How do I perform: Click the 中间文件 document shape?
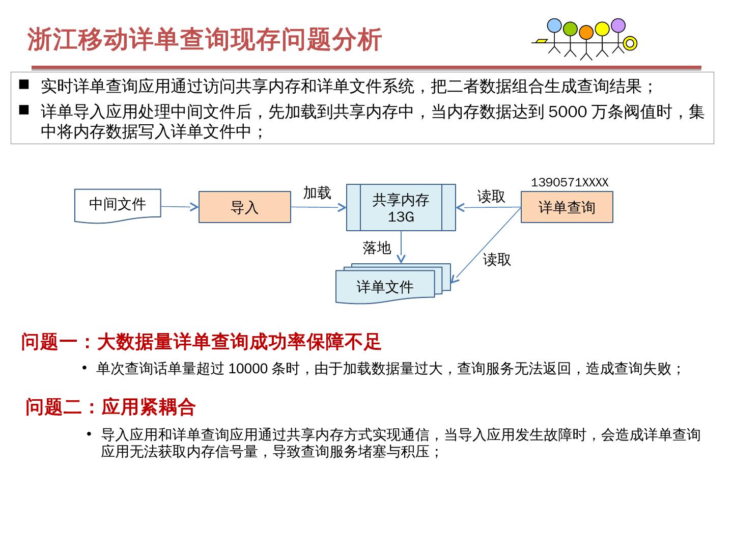pyautogui.click(x=118, y=205)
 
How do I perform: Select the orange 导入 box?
pyautogui.click(x=244, y=207)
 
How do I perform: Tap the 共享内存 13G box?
pyautogui.click(x=401, y=208)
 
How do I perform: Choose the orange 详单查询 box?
pyautogui.click(x=567, y=207)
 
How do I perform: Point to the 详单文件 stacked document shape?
pyautogui.click(x=385, y=286)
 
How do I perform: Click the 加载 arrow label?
pyautogui.click(x=317, y=193)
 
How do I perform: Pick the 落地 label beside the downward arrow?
pyautogui.click(x=377, y=248)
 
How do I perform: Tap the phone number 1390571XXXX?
pyautogui.click(x=570, y=183)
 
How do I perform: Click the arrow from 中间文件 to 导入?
pyautogui.click(x=180, y=207)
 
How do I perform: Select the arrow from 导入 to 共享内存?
pyautogui.click(x=318, y=207)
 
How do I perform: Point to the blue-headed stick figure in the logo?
pyautogui.click(x=554, y=25)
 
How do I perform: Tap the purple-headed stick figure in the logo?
pyautogui.click(x=618, y=25)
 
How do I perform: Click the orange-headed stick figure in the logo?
pyautogui.click(x=586, y=32)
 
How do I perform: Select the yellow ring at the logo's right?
pyautogui.click(x=630, y=43)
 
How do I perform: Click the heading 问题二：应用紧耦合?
pyautogui.click(x=110, y=407)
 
